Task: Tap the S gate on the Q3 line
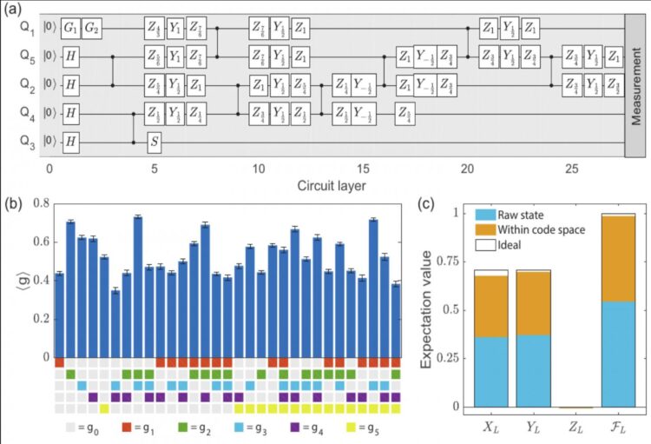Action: pos(154,142)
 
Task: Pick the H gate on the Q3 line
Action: pos(70,142)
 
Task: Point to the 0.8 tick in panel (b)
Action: pos(39,203)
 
